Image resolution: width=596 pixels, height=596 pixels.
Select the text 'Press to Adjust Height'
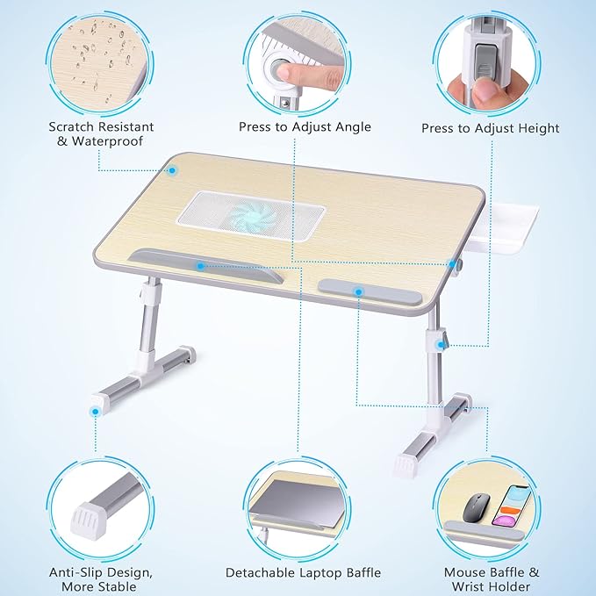pos(490,128)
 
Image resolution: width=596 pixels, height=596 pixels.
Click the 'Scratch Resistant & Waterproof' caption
pos(95,133)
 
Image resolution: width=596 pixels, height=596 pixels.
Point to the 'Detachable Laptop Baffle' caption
pos(303,572)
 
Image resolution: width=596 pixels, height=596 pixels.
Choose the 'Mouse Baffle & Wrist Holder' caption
pos(492,579)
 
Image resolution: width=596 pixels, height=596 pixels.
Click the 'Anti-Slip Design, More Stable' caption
pos(92,579)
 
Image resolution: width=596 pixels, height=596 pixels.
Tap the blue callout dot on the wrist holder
pos(358,291)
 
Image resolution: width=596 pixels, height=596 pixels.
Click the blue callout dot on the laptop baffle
pos(201,264)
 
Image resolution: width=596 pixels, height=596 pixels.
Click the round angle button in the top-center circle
pos(287,71)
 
